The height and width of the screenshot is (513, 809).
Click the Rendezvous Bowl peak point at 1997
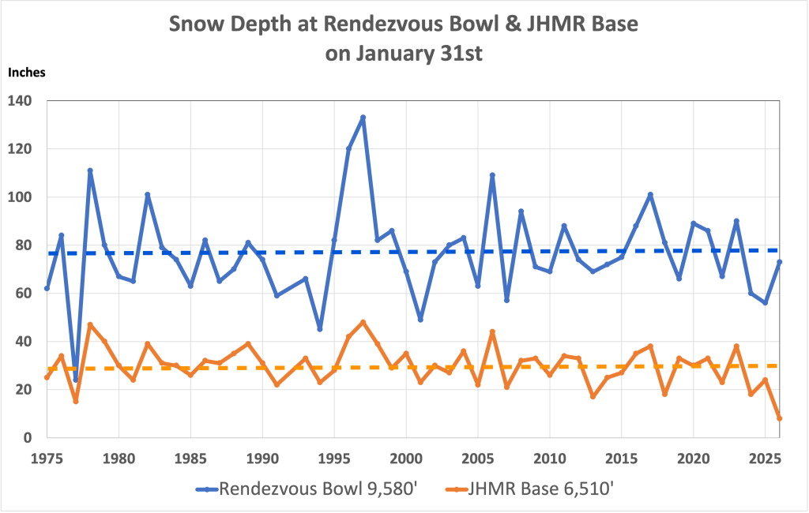[363, 118]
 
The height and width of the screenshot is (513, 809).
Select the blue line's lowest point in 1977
[76, 380]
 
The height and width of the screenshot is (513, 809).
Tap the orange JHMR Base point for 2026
[780, 418]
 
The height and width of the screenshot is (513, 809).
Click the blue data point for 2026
[780, 262]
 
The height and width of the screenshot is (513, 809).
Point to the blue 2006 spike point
[492, 175]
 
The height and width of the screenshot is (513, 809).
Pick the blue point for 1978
[90, 170]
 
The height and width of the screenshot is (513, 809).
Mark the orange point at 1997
[363, 322]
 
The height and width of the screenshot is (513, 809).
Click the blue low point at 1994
[320, 329]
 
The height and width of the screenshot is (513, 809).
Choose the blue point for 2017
[650, 194]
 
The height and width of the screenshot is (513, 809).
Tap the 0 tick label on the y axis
[27, 438]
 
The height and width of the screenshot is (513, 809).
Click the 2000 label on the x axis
[406, 458]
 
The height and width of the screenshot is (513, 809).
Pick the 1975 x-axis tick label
[47, 458]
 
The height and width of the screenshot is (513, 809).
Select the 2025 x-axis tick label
[765, 458]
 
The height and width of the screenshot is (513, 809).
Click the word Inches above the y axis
[27, 72]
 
